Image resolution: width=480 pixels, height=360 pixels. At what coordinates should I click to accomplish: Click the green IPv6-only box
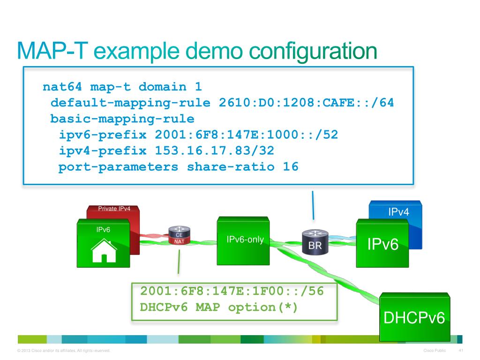tap(244, 240)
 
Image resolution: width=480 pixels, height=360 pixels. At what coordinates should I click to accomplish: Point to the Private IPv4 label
tap(114, 209)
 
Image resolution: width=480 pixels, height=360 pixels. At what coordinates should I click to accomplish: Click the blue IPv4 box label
tap(398, 212)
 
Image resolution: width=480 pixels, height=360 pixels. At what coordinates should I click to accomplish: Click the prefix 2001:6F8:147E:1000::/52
tap(246, 135)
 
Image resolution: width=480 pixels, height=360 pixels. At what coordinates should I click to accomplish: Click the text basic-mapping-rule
tap(122, 119)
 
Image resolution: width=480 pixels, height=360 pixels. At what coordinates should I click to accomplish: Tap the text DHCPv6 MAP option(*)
tap(219, 307)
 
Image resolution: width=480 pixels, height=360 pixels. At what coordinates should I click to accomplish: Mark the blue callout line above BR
tap(313, 205)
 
